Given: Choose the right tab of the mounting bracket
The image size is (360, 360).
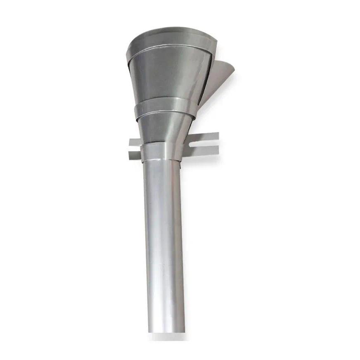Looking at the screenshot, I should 202,144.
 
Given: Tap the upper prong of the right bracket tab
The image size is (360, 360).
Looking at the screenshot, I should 206,137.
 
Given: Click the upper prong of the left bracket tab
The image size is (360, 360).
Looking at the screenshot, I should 134,142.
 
